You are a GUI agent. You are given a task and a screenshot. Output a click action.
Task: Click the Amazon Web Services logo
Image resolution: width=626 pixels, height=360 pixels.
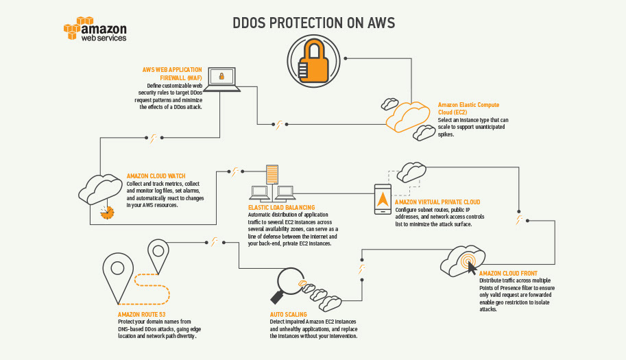(x=95, y=32)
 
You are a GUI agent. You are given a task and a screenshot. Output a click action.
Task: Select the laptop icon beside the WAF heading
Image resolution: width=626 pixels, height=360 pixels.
(x=222, y=78)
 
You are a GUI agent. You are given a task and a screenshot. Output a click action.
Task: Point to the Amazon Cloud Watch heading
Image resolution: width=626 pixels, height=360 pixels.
(x=156, y=176)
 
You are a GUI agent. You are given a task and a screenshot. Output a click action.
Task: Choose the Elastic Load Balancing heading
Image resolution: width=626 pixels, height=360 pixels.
(x=281, y=207)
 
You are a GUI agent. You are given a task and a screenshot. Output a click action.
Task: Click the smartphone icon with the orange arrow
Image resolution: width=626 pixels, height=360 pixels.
(x=382, y=200)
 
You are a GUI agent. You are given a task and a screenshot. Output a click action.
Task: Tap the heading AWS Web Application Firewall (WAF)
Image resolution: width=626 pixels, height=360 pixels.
(x=172, y=74)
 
